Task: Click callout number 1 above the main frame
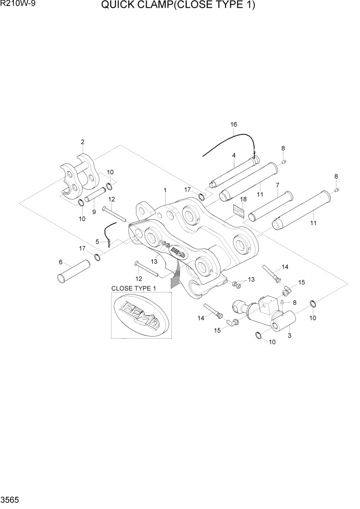165,190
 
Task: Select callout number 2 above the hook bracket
82,142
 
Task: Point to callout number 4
233,155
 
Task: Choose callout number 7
277,185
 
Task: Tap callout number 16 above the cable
233,125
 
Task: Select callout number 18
243,199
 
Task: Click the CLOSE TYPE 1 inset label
134,288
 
